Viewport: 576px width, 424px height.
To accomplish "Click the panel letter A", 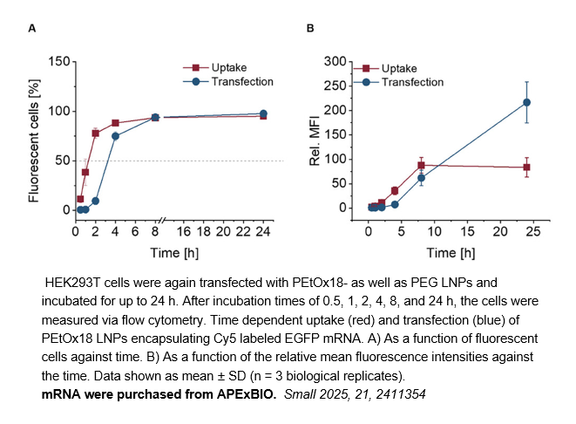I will [32, 29].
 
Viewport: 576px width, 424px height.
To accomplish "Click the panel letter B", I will [310, 29].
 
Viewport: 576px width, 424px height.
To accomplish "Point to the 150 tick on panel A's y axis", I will [58, 62].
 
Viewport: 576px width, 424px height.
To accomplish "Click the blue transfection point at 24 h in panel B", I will [526, 102].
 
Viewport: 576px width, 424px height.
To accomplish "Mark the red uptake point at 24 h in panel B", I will [526, 167].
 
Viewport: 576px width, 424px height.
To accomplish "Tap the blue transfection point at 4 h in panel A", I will [115, 136].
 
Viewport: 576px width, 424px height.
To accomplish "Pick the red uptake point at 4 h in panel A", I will [115, 123].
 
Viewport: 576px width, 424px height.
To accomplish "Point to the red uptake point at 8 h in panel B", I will [421, 165].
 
